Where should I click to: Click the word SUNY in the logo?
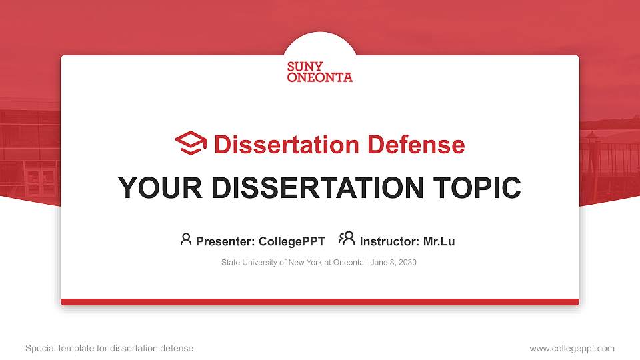[305, 67]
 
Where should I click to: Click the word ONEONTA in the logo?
[320, 77]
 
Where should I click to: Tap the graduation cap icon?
[191, 143]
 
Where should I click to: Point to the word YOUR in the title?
[155, 188]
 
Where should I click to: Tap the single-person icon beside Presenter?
[186, 239]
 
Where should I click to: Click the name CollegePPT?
[291, 241]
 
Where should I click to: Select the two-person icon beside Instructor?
[347, 239]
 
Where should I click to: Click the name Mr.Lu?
[439, 241]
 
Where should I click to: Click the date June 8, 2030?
[393, 263]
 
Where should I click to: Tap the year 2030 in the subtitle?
[407, 263]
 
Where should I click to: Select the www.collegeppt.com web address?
[572, 348]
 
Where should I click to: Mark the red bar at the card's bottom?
[320, 302]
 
